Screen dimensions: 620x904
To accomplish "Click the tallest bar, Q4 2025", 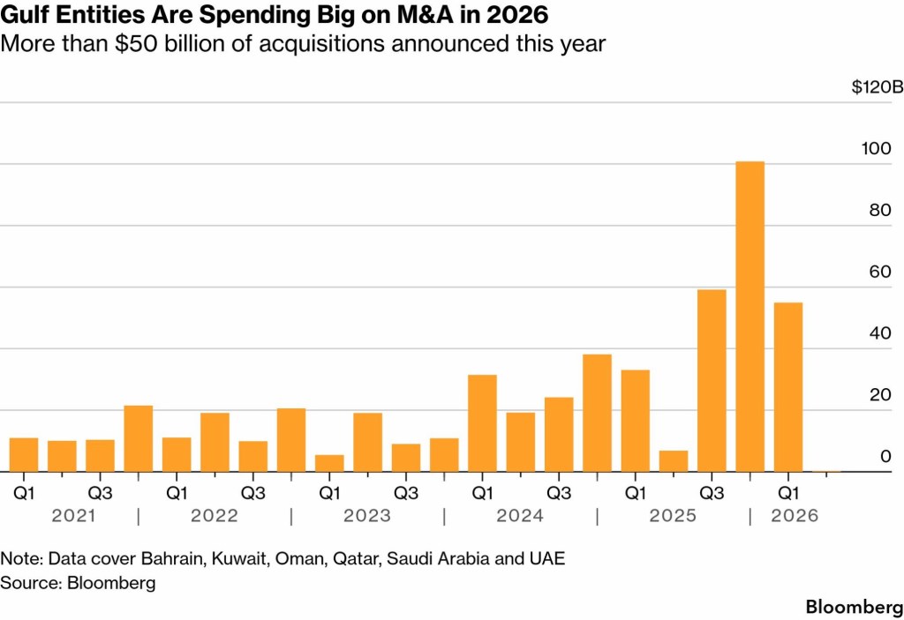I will click(x=750, y=317).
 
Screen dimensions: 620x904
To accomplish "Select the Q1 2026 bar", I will click(x=788, y=387).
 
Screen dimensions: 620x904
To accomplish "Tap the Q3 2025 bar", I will click(x=712, y=381).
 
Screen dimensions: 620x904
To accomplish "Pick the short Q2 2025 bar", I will click(x=674, y=461).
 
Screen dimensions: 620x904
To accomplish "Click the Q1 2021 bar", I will click(x=24, y=455).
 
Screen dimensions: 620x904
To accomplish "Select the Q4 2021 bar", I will click(x=139, y=438).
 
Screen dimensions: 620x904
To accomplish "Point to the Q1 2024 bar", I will click(x=482, y=423).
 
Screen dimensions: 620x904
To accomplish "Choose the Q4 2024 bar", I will click(x=597, y=413).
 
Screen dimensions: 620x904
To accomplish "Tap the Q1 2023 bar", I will click(x=329, y=463).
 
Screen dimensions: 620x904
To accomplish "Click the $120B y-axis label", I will click(x=877, y=87).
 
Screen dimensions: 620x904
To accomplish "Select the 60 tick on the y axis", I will click(x=878, y=272).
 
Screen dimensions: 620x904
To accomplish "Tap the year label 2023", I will click(x=366, y=516).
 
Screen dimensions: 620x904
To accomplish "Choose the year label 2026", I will click(x=795, y=516).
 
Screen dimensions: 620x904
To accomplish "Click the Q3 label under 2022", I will click(x=252, y=491).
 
